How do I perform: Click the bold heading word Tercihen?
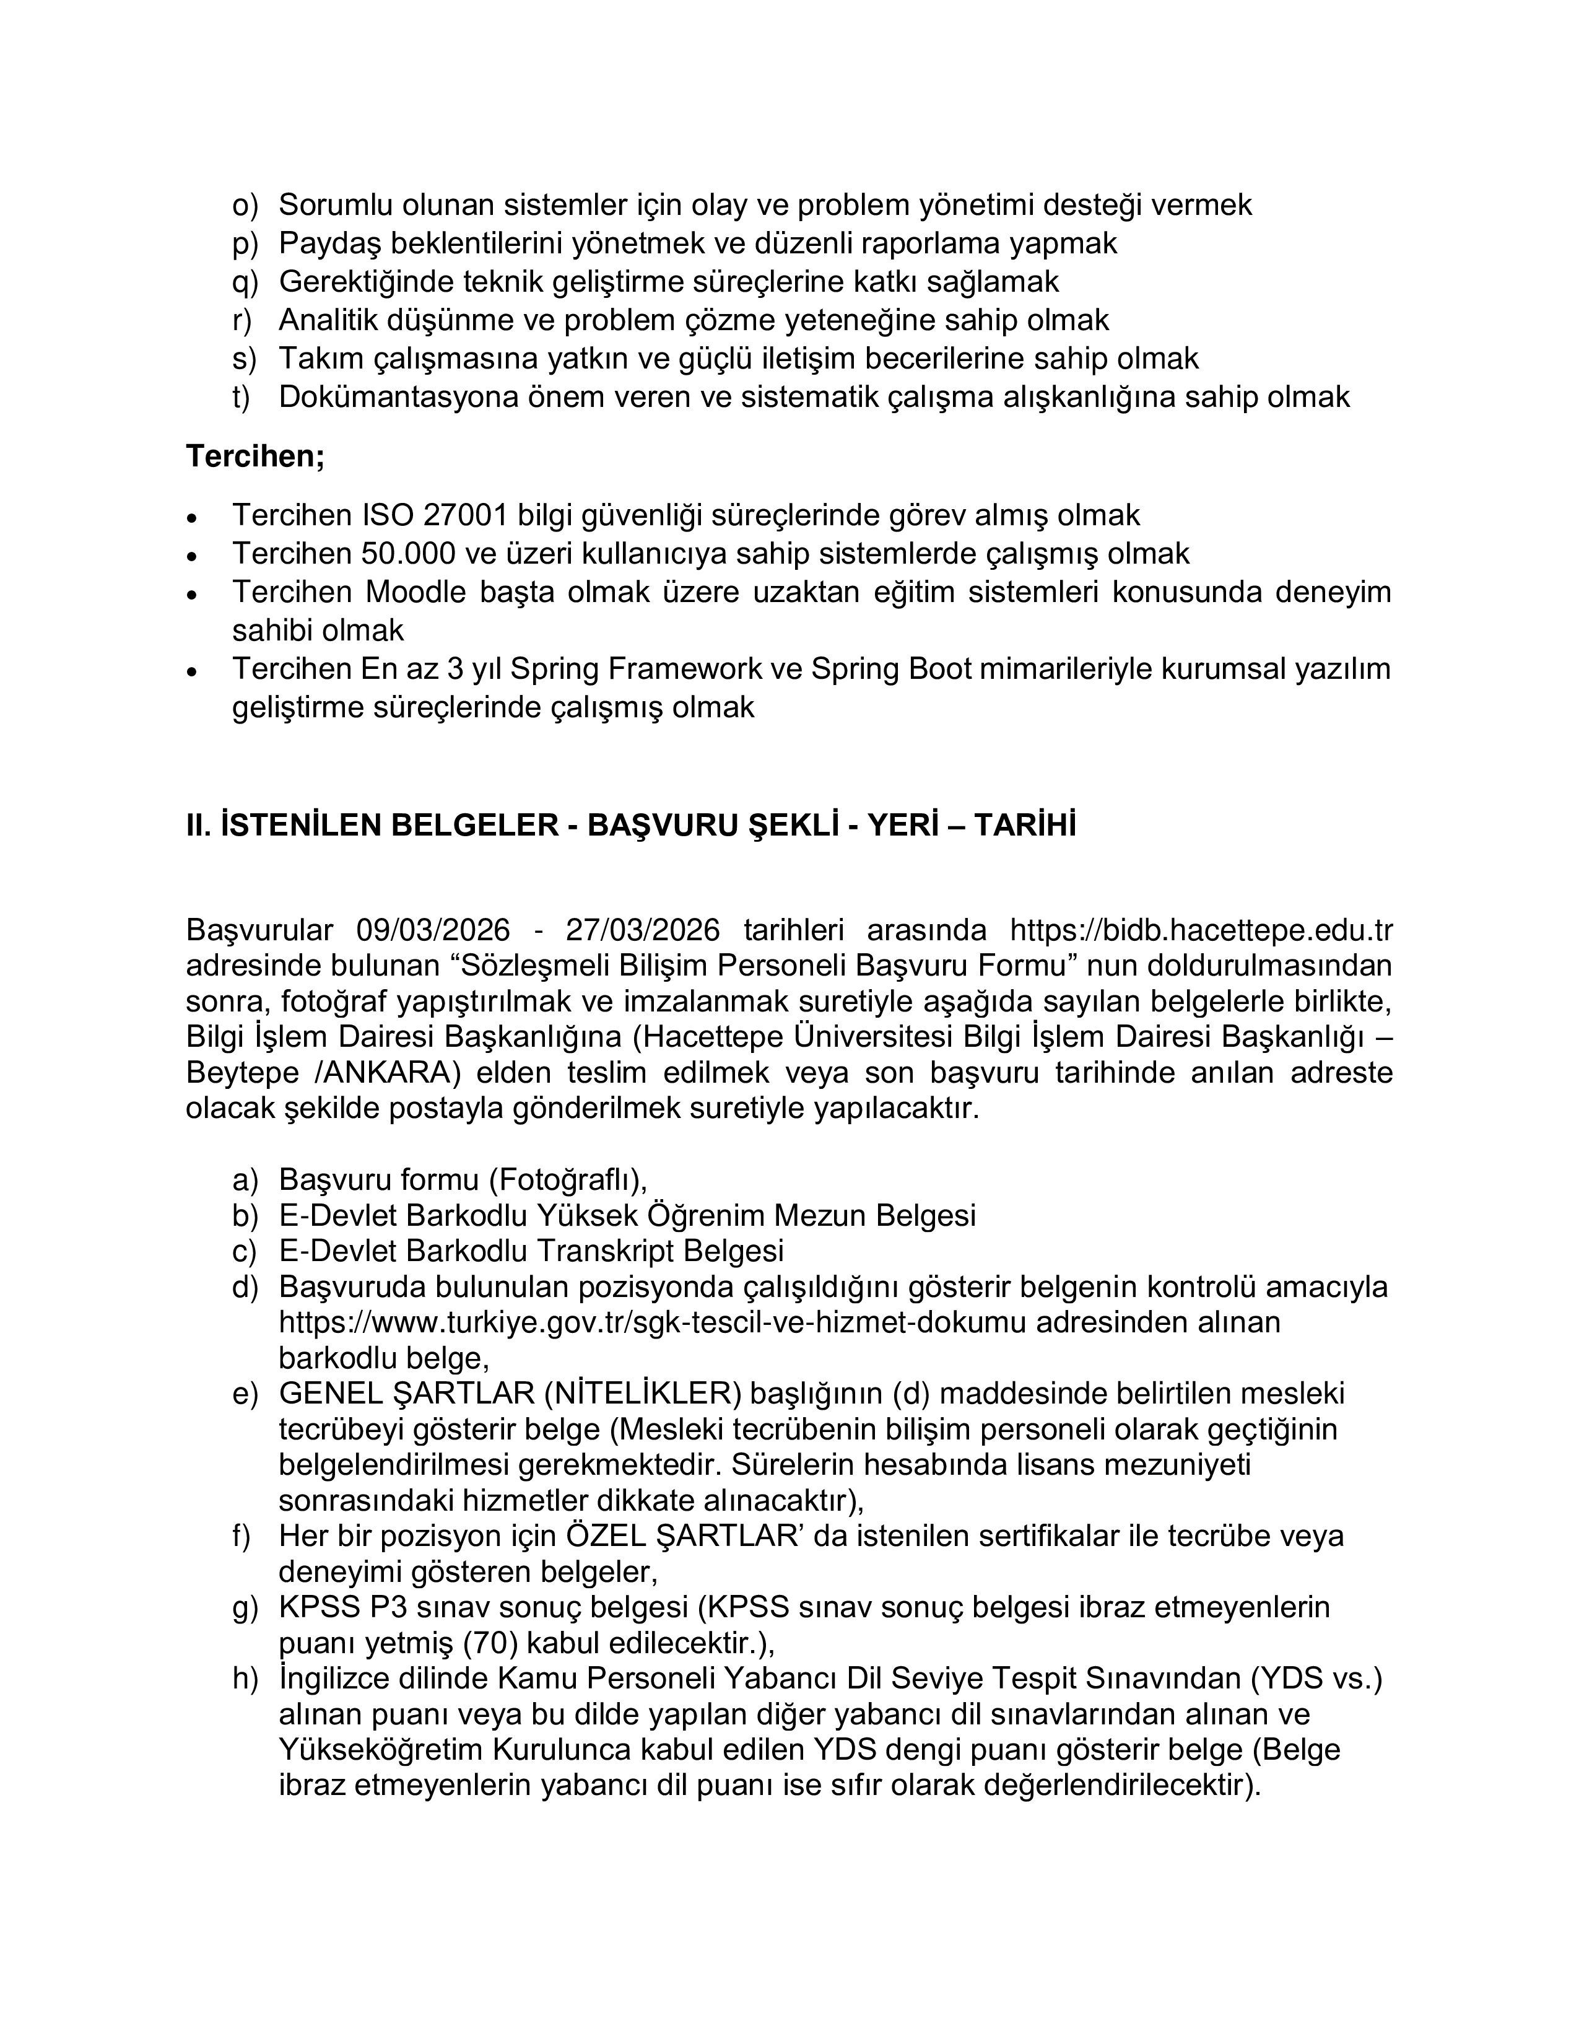tap(254, 456)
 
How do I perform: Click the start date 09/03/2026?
tap(433, 930)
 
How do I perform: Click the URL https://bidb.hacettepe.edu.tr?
tap(1201, 930)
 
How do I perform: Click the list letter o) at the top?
tap(244, 205)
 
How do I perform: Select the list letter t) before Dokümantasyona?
tap(241, 397)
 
